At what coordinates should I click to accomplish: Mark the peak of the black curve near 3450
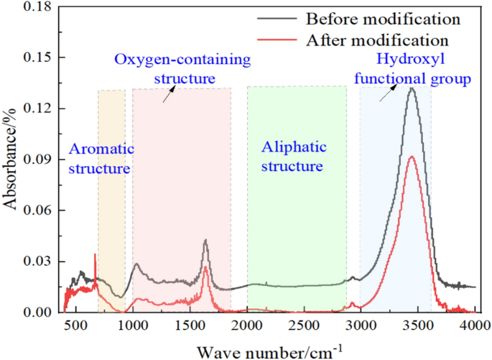412,88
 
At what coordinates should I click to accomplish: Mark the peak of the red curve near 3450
412,156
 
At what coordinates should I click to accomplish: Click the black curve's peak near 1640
205,240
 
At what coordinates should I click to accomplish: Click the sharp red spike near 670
95,254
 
